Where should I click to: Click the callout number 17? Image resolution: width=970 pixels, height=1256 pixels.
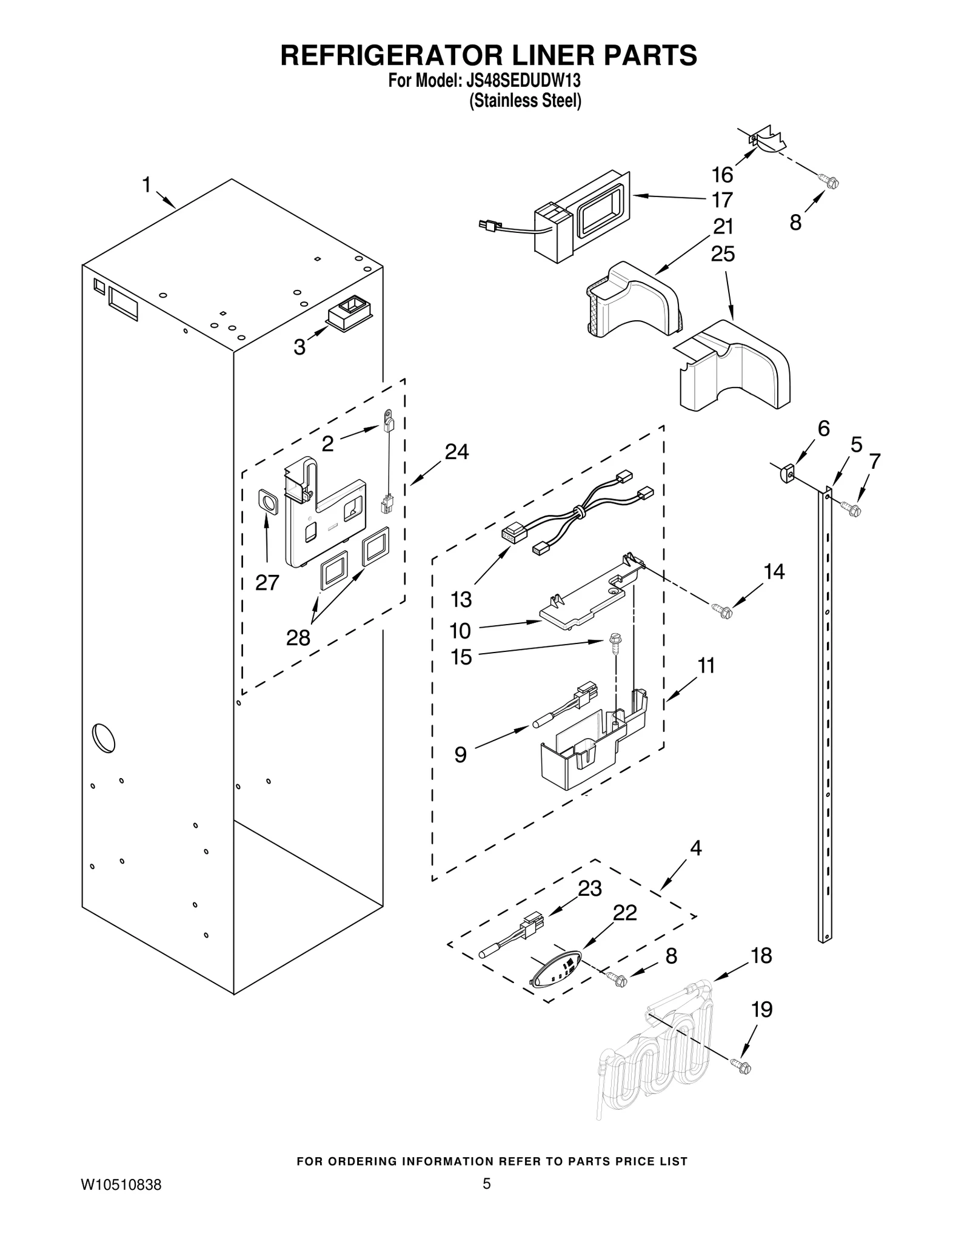(722, 200)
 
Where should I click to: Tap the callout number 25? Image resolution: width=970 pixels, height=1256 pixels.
(723, 254)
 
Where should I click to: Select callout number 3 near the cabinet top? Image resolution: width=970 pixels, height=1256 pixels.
(299, 348)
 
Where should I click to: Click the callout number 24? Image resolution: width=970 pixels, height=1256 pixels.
(457, 452)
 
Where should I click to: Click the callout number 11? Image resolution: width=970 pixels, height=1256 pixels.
(706, 665)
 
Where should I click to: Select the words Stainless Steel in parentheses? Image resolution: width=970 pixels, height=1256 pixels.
(526, 101)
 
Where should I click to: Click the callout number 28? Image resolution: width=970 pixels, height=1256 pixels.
(298, 637)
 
